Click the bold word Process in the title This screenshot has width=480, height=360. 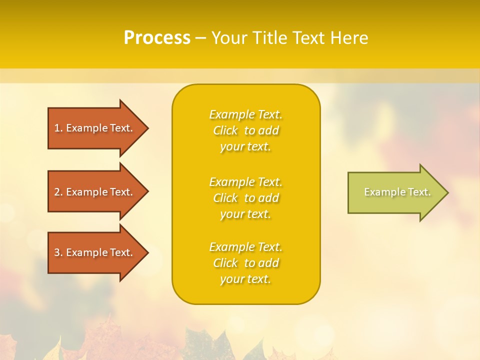[x=157, y=38]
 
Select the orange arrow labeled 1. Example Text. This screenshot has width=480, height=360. [x=95, y=128]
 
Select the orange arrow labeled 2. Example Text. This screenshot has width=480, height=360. [x=95, y=192]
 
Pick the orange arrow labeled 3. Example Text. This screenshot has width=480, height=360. [x=95, y=252]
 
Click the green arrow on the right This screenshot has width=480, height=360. [x=395, y=192]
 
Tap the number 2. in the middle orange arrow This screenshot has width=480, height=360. [x=58, y=192]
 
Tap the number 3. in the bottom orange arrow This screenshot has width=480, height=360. [x=58, y=252]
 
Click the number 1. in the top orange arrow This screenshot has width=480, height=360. [x=58, y=128]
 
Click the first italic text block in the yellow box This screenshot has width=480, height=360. [x=245, y=130]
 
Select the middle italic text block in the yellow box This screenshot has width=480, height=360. [x=245, y=198]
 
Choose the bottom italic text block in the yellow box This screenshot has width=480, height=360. [x=245, y=263]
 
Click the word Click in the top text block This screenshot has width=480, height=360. [x=225, y=130]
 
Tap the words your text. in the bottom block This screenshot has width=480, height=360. [x=245, y=279]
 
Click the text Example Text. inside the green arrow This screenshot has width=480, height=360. [x=397, y=192]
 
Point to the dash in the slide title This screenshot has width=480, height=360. [x=200, y=38]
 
